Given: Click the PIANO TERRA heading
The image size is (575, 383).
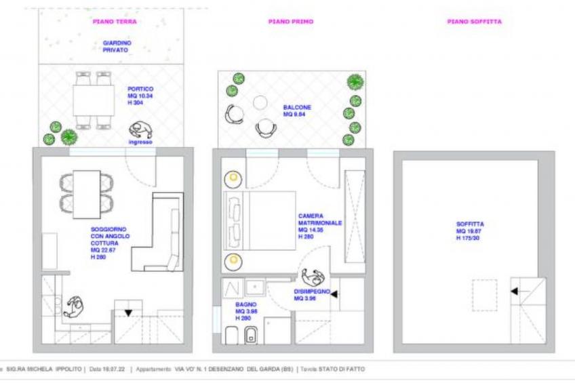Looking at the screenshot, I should (115, 22).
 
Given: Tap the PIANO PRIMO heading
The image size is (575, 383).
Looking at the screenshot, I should (290, 22).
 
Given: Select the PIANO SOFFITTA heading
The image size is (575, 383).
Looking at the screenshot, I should (474, 22).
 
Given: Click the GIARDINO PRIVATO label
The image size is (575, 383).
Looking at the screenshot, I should (117, 46).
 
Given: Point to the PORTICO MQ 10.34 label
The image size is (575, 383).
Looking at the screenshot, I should (140, 94).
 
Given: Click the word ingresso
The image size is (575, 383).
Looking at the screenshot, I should (140, 142).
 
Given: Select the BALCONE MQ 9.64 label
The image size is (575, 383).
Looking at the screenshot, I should (297, 110).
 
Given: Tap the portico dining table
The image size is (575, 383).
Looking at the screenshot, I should (93, 101).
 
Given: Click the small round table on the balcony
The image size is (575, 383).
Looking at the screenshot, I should (260, 102).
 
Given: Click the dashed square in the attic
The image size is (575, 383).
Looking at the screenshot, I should (484, 295).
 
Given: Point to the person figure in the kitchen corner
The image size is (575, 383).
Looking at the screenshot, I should (72, 309).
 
